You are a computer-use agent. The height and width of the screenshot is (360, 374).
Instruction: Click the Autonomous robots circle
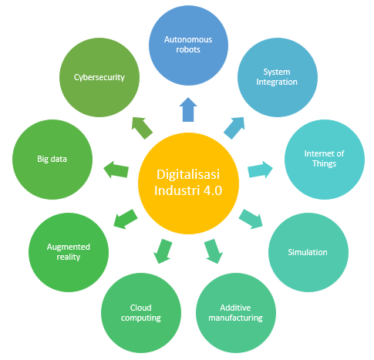pos(188,45)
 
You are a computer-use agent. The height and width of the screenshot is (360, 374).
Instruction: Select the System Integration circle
pos(278,77)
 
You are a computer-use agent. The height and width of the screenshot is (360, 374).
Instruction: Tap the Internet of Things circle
pos(325,160)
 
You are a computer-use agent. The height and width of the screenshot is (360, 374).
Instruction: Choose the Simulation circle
pos(308,252)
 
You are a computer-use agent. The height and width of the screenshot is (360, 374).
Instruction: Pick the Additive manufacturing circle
pos(236,313)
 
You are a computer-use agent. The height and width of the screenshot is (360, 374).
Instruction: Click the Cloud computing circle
pos(141,313)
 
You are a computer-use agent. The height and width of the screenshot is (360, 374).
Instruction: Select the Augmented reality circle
pos(69,252)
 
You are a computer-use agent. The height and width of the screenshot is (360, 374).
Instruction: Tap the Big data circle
pos(52,160)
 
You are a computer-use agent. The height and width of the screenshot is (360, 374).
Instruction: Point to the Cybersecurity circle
pos(99,77)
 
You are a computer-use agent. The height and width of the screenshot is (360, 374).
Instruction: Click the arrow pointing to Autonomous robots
pos(188,109)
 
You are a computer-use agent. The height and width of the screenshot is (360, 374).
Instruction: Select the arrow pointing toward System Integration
pos(234,128)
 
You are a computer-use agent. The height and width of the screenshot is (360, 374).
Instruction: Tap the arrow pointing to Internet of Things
pos(260,170)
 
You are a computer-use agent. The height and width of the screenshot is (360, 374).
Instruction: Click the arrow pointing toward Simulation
pos(251,219)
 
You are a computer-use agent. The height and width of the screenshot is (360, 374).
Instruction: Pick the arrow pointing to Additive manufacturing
pos(214,251)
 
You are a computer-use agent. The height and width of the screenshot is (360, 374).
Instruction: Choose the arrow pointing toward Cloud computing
pos(163,251)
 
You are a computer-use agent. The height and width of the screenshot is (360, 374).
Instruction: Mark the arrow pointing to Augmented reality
pos(126,219)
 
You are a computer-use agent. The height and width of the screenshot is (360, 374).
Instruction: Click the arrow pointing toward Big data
pos(116,170)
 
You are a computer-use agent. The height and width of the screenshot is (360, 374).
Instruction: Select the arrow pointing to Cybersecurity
pos(142,128)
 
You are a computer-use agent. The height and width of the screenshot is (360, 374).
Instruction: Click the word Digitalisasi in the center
pos(188,174)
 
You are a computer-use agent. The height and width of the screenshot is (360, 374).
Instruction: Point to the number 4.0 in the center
pos(213,190)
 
